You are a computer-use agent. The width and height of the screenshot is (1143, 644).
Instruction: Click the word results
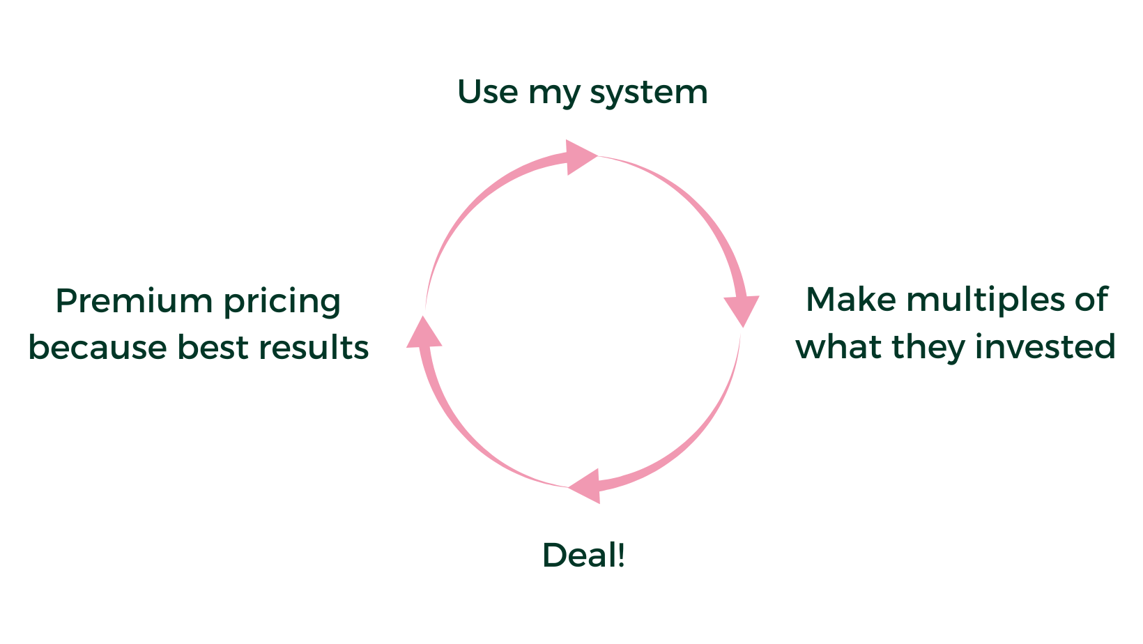[314, 347]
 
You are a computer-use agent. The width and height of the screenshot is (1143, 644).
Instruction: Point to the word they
[928, 348]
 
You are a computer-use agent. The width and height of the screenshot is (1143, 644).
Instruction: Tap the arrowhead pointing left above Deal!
[588, 486]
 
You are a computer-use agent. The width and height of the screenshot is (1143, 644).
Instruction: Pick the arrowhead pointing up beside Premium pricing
[423, 333]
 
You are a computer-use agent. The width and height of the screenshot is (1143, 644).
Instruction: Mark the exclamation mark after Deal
[620, 555]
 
